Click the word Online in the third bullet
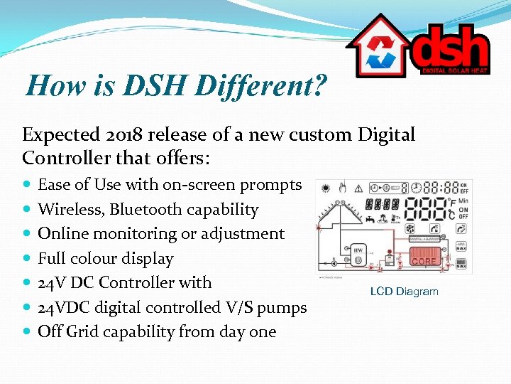click(61, 233)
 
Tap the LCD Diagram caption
click(404, 292)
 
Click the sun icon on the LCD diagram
click(326, 188)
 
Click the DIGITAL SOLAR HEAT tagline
click(455, 70)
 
